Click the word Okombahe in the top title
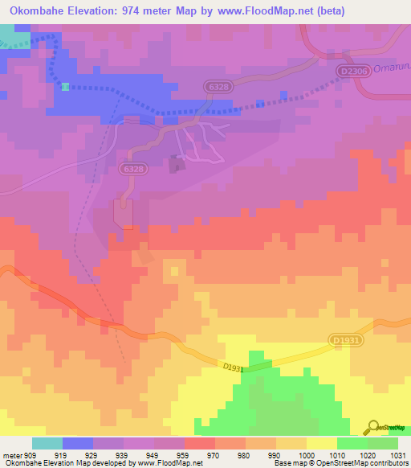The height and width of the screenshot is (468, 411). click(x=38, y=12)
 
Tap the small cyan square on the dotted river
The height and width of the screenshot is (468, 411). click(x=65, y=86)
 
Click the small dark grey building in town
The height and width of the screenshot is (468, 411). click(x=176, y=165)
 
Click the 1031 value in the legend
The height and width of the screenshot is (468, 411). click(x=397, y=456)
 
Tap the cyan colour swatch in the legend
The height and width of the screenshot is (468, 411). click(x=47, y=443)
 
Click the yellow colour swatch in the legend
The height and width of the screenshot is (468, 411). click(x=321, y=443)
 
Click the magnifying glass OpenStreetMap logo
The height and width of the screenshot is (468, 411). click(x=372, y=428)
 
